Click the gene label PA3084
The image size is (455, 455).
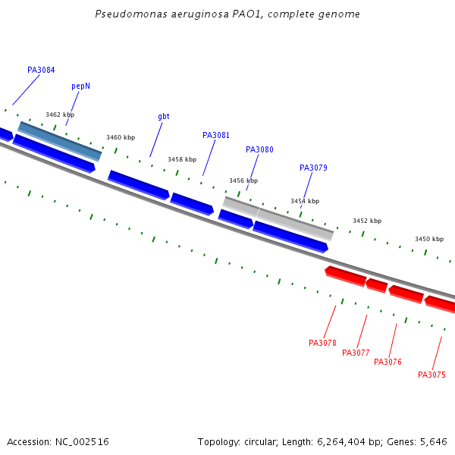click(41, 71)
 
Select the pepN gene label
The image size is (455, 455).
click(81, 86)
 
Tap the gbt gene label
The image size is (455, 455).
click(164, 117)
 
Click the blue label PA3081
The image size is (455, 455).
click(216, 136)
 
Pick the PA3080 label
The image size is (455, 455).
click(259, 150)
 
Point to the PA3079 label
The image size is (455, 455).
click(313, 168)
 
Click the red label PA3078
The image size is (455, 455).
click(322, 344)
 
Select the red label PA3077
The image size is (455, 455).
click(356, 353)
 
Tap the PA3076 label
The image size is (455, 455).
click(388, 362)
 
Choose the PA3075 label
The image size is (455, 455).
click(431, 375)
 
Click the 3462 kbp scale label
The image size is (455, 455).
click(60, 115)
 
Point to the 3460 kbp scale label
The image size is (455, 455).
click(121, 138)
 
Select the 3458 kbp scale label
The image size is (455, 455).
click(182, 160)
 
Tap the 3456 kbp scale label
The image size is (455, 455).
click(243, 181)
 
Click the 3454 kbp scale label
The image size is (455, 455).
click(305, 202)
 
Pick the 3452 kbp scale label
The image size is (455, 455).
click(367, 221)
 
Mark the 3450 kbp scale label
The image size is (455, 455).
click(428, 240)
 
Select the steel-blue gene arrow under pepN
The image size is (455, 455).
click(60, 141)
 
